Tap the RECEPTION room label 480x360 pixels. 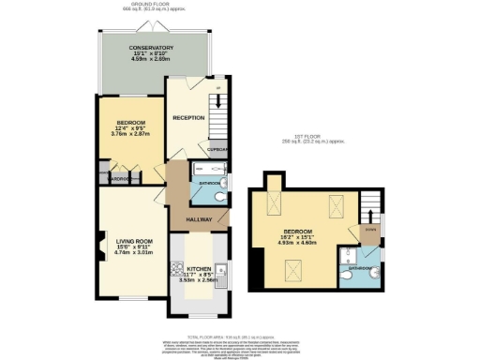click(188, 118)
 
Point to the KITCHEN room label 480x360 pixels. click(198, 266)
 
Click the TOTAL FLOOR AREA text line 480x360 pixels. click(240, 335)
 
